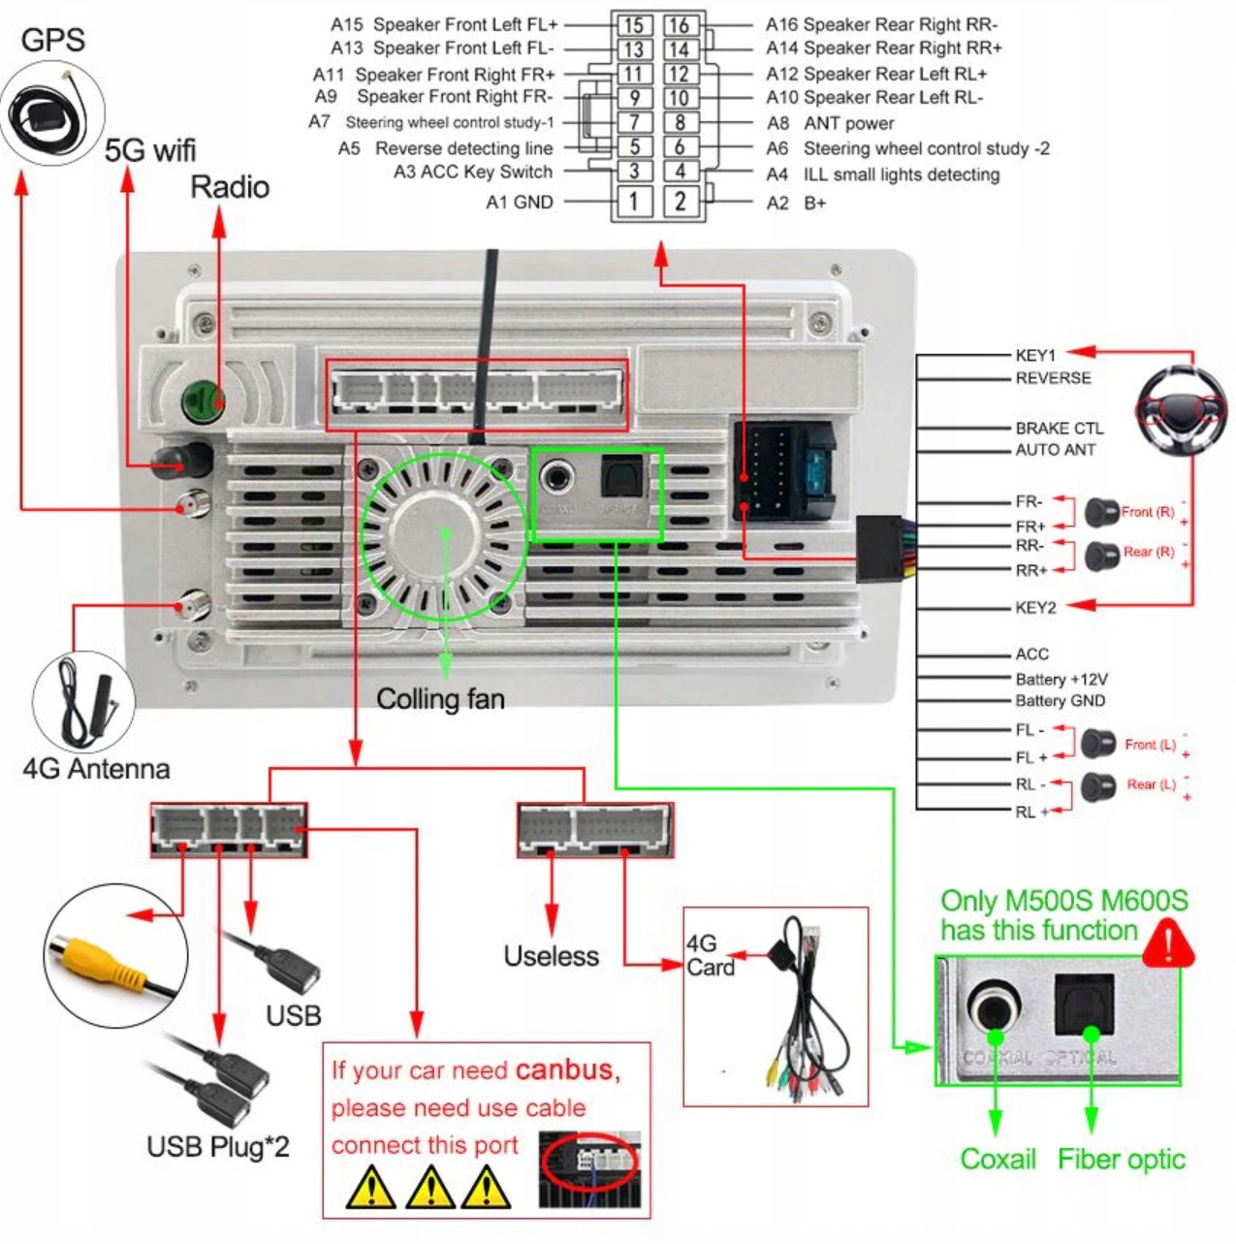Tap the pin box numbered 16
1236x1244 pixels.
[x=680, y=25]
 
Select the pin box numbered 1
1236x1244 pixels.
[x=634, y=202]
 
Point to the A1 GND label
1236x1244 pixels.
[x=520, y=203]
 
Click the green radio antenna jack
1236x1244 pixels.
[x=203, y=399]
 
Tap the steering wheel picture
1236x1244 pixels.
[x=1182, y=413]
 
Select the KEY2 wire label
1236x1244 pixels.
[x=1035, y=608]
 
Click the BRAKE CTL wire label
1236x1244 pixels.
[x=1059, y=428]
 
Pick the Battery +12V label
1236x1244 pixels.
[x=1061, y=679]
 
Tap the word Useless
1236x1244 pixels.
[x=551, y=956]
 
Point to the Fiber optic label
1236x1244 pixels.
[x=1121, y=1160]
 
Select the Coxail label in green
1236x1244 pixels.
[x=998, y=1160]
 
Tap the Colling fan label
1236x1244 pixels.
[x=440, y=699]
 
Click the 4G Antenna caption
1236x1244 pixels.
[x=96, y=769]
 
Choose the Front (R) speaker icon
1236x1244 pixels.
[x=1101, y=512]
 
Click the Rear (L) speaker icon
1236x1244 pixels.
[x=1098, y=785]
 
